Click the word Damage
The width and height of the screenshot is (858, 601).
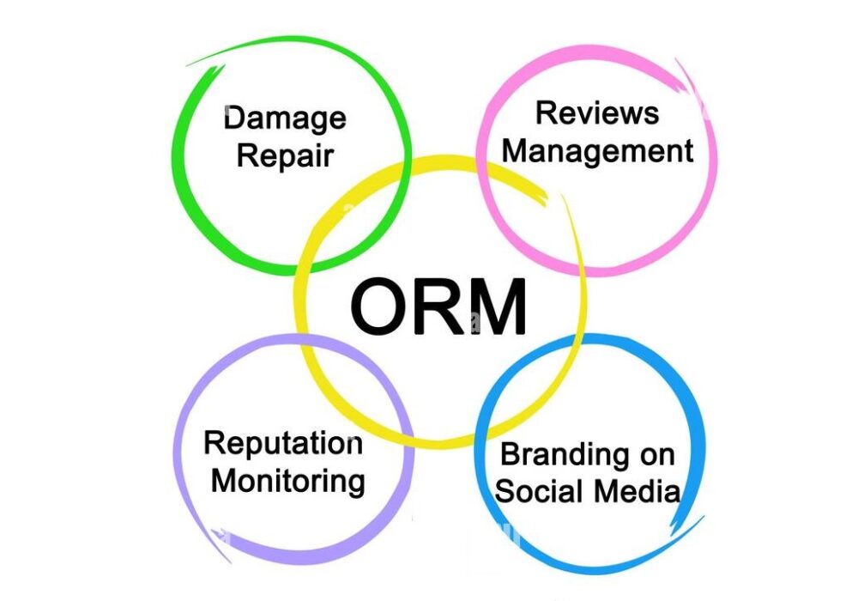point(285,118)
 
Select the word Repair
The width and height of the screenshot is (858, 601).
point(285,157)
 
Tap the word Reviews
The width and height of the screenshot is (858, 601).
point(597,112)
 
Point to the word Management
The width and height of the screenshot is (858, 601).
point(597,152)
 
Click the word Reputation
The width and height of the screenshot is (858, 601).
point(283,443)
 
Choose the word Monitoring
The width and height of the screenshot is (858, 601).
point(288,480)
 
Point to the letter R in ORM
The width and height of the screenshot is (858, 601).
point(444,307)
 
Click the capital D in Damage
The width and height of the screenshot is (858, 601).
point(234,117)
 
